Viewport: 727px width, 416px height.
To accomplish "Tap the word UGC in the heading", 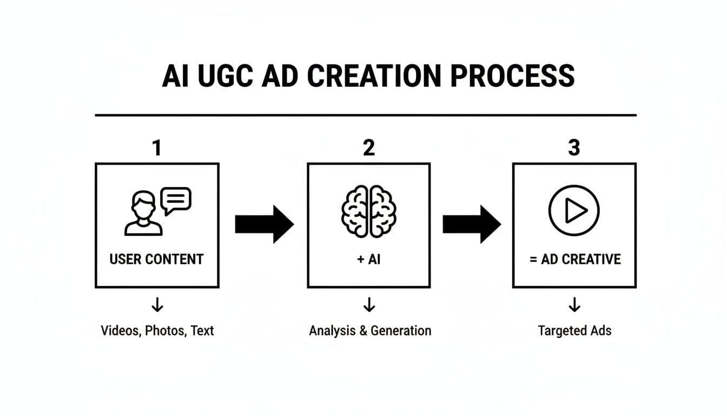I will [x=226, y=76].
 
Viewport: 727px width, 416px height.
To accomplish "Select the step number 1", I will [x=157, y=147].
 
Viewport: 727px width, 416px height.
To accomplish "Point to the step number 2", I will [x=369, y=147].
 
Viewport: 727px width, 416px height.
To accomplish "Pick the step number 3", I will [x=574, y=147].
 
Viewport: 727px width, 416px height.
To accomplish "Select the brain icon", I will [x=369, y=210].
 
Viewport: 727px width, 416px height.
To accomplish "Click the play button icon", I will [x=574, y=210].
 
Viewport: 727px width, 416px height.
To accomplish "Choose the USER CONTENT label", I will [x=156, y=259].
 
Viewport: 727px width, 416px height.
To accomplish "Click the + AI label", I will [x=369, y=259].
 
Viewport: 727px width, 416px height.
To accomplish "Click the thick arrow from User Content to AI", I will [x=264, y=224].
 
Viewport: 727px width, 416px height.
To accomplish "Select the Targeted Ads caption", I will [x=574, y=330].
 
